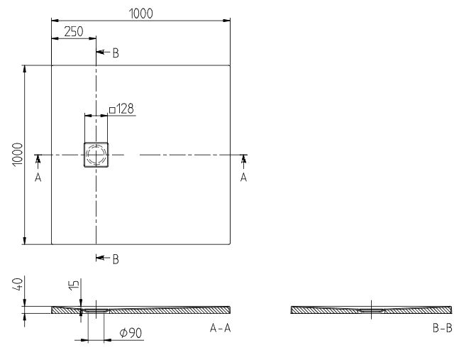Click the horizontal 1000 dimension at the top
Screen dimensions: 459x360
(140, 13)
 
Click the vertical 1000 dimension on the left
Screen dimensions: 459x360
(18, 154)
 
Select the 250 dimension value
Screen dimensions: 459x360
(74, 32)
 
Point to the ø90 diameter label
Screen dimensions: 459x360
(131, 333)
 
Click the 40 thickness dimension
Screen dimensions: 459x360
(17, 284)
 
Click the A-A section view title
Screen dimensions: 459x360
(220, 328)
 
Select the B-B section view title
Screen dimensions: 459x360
(442, 328)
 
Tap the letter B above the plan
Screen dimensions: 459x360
(116, 53)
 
